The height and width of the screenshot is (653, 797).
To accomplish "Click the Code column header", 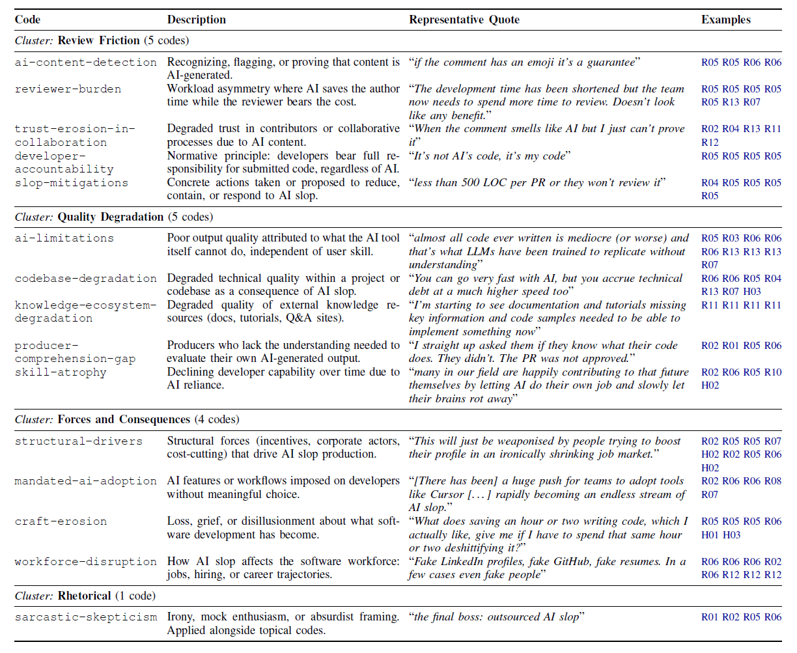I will (27, 20).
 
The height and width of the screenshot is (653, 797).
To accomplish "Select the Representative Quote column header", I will (464, 20).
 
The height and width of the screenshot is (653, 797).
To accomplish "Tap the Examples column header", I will (725, 20).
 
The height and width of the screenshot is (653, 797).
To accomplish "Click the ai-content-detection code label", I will (86, 63).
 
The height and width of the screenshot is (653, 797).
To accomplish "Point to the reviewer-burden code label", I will (68, 89).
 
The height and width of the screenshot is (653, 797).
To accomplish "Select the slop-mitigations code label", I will (72, 183).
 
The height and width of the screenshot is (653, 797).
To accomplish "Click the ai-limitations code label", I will (64, 238).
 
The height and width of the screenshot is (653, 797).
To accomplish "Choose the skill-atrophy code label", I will (61, 372).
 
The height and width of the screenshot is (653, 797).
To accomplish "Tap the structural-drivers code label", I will (78, 441).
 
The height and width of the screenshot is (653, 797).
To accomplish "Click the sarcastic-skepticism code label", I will (86, 617).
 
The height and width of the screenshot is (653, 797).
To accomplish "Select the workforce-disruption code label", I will (86, 562).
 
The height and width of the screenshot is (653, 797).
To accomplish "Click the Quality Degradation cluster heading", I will (111, 217).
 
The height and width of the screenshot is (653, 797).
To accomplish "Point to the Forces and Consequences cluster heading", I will (124, 419).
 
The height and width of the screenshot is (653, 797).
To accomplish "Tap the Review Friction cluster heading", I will (98, 40).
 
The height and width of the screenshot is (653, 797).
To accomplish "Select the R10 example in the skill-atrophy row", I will (772, 372).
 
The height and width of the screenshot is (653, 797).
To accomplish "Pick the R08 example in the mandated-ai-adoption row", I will (772, 481).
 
